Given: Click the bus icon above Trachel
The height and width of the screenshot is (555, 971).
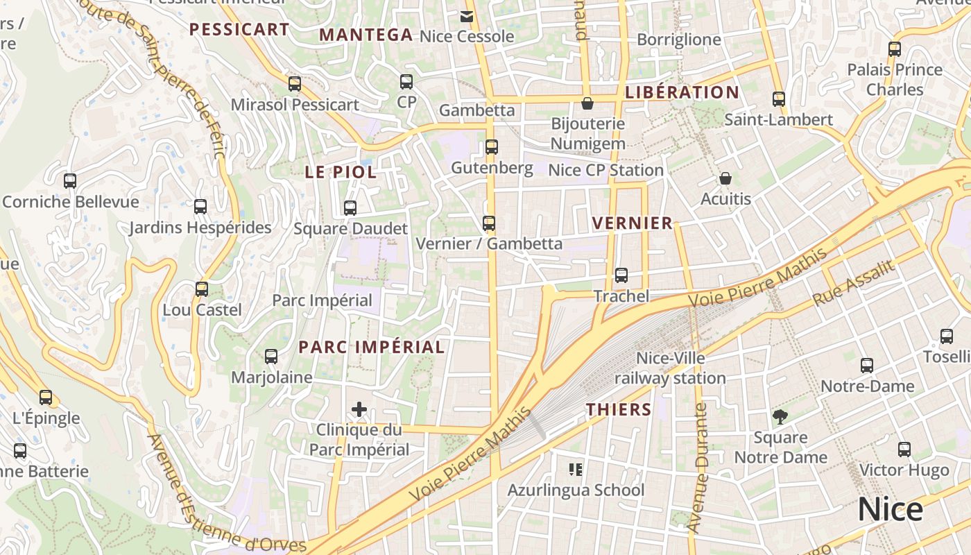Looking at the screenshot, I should [x=621, y=275].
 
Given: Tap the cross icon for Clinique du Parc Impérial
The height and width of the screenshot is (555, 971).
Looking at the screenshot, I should [x=359, y=409].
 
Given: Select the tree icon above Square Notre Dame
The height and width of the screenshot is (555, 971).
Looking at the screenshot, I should [x=780, y=417].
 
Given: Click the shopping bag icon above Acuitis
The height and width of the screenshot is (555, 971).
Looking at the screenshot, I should [x=725, y=178].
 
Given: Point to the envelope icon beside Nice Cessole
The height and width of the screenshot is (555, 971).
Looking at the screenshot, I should [x=467, y=15].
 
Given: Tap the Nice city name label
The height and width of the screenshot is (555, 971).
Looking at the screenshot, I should [x=891, y=509].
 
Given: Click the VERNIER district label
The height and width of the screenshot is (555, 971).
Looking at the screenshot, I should [x=633, y=223].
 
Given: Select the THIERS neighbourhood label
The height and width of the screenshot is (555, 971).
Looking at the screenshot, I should [x=619, y=409].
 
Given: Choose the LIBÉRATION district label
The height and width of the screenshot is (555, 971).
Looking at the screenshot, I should [x=682, y=92].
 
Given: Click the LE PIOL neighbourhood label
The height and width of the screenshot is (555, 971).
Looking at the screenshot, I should [x=341, y=172].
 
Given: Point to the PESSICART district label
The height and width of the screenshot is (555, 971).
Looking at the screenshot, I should [x=239, y=29].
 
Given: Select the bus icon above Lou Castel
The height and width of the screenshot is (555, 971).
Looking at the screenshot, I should [x=202, y=289].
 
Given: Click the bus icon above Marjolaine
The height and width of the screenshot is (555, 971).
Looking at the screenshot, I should [x=271, y=357].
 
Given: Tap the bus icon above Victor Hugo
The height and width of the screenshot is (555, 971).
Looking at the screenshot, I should [x=904, y=450].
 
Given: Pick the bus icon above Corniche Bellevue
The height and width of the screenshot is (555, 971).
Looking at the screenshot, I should [x=70, y=181].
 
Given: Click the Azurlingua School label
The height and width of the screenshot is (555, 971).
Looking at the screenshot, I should [x=576, y=490].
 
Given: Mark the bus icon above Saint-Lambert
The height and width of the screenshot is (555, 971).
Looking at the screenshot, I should [x=778, y=99].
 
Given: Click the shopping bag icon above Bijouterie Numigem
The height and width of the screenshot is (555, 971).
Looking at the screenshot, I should [x=587, y=103].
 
